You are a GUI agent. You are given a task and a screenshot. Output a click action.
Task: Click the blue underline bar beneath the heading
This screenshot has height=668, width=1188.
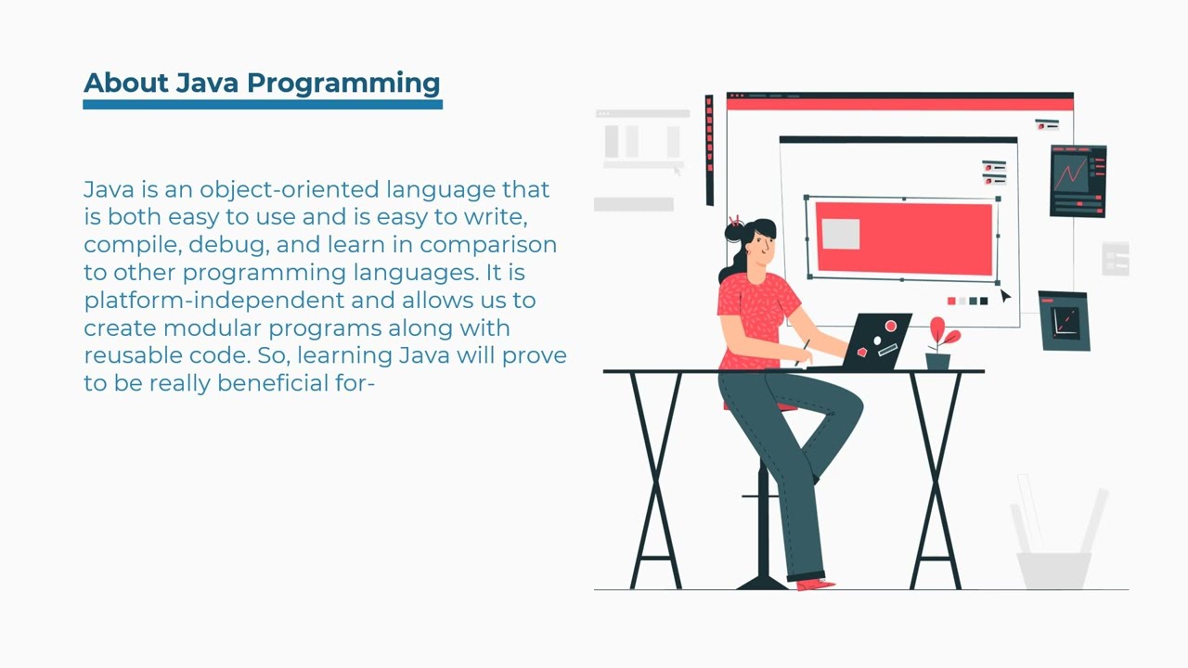click(263, 105)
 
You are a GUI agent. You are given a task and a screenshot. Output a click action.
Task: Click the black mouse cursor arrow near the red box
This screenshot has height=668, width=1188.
click(1005, 296)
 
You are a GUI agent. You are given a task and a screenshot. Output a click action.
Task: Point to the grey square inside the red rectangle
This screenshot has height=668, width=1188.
click(841, 234)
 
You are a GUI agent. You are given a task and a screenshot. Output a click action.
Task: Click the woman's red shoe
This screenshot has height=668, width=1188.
click(815, 584)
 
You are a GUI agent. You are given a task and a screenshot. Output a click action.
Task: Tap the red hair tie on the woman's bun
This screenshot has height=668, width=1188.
click(735, 222)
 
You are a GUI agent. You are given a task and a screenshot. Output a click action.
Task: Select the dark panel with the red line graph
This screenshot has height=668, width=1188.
click(1078, 181)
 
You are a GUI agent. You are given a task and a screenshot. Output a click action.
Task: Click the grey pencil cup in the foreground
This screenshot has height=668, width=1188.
click(1054, 568)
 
